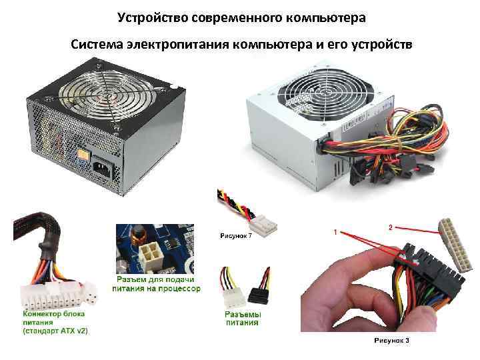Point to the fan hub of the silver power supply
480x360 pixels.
pyautogui.click(x=326, y=92)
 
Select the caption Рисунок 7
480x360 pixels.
pyautogui.click(x=236, y=236)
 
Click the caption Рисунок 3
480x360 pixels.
pyautogui.click(x=391, y=341)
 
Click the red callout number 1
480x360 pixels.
pyautogui.click(x=335, y=233)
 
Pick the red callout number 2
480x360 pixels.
pyautogui.click(x=390, y=227)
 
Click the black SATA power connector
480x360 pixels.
pyautogui.click(x=259, y=296)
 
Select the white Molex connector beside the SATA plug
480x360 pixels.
pyautogui.click(x=231, y=298)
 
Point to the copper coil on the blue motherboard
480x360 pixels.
pyautogui.click(x=137, y=236)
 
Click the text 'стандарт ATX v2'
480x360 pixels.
pyautogui.click(x=56, y=331)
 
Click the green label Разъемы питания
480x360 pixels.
pyautogui.click(x=243, y=319)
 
